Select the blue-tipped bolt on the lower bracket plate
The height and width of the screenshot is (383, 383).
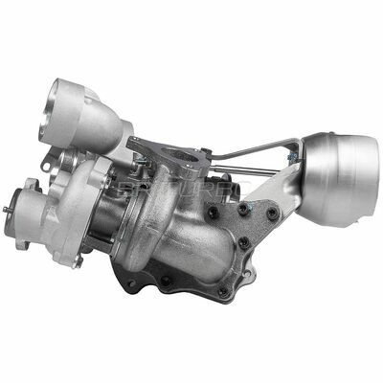[x=246, y=209]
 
